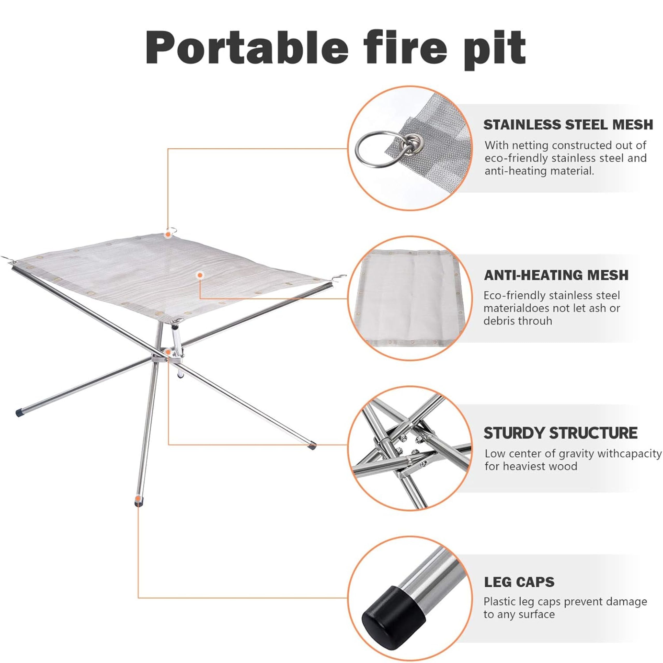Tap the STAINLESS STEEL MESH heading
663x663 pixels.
(568, 125)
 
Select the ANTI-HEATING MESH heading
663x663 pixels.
(556, 275)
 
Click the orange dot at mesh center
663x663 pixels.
(200, 275)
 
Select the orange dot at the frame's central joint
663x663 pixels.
(168, 352)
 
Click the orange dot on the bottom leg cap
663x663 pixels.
(138, 498)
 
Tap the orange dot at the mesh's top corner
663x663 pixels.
(168, 235)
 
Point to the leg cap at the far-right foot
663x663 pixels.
(312, 446)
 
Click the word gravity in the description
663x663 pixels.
(578, 454)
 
